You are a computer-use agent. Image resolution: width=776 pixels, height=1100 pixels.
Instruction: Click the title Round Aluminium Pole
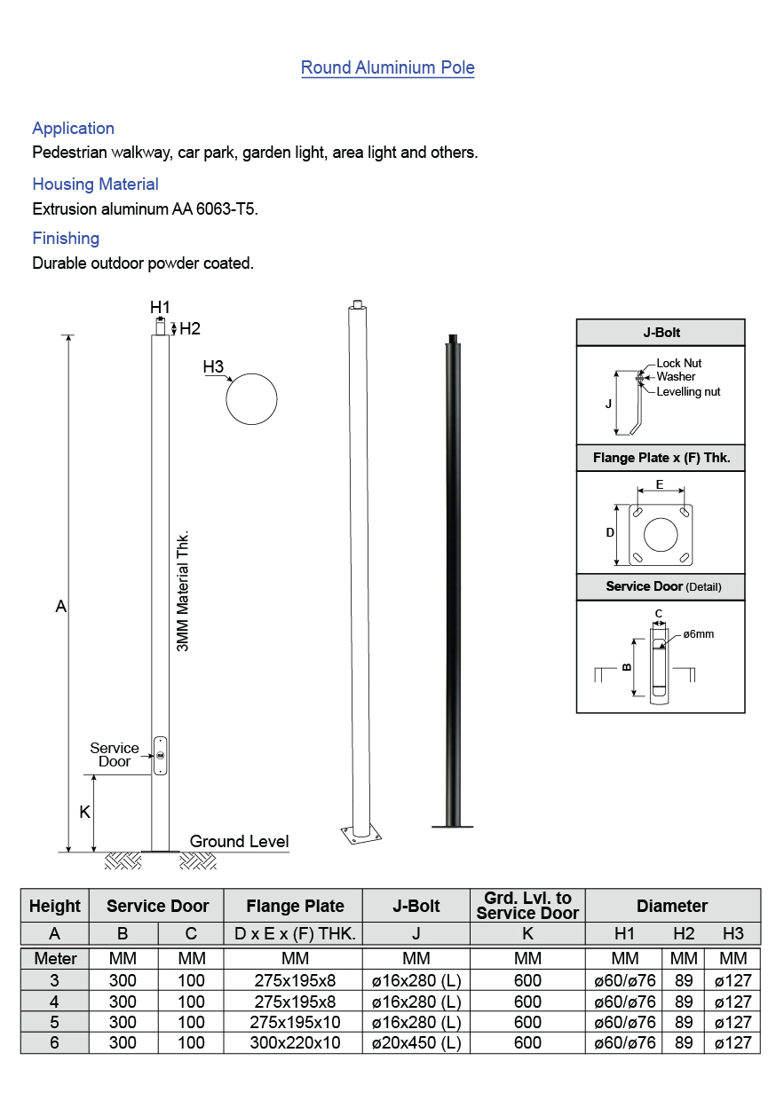pyautogui.click(x=387, y=67)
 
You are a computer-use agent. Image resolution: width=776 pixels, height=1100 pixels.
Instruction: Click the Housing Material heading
pyautogui.click(x=95, y=185)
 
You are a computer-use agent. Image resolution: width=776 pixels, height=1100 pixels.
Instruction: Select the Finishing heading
pyautogui.click(x=66, y=239)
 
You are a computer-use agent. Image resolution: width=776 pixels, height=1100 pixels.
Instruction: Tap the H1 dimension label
pyautogui.click(x=160, y=307)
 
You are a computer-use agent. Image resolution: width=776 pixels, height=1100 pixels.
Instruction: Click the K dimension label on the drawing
pyautogui.click(x=85, y=813)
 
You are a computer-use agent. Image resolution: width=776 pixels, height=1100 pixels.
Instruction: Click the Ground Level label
pyautogui.click(x=239, y=841)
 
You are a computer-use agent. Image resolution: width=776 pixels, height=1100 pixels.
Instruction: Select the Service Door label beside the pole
pyautogui.click(x=115, y=755)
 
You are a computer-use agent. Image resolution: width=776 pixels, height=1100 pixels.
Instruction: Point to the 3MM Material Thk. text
pyautogui.click(x=184, y=593)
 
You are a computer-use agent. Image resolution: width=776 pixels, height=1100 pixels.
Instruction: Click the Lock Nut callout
pyautogui.click(x=678, y=364)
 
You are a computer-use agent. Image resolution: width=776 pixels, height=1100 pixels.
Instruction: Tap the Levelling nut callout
pyautogui.click(x=688, y=391)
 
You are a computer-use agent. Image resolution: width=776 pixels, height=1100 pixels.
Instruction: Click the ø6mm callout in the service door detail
pyautogui.click(x=699, y=634)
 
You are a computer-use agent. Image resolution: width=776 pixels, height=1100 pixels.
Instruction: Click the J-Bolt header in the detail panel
pyautogui.click(x=661, y=333)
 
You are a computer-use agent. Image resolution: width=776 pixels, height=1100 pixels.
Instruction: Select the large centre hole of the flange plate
pyautogui.click(x=660, y=535)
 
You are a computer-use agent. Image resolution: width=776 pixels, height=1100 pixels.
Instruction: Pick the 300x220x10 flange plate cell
pyautogui.click(x=294, y=1043)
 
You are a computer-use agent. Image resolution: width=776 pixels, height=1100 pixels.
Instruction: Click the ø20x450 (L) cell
pyautogui.click(x=416, y=1043)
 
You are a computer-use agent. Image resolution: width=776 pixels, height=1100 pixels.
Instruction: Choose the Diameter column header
pyautogui.click(x=671, y=906)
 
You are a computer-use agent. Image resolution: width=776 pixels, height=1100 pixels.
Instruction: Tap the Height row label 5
pyautogui.click(x=55, y=1022)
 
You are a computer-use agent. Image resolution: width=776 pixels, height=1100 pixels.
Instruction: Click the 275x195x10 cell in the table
pyautogui.click(x=294, y=1022)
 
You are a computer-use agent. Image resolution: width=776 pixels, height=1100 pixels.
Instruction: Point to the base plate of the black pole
pyautogui.click(x=453, y=826)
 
